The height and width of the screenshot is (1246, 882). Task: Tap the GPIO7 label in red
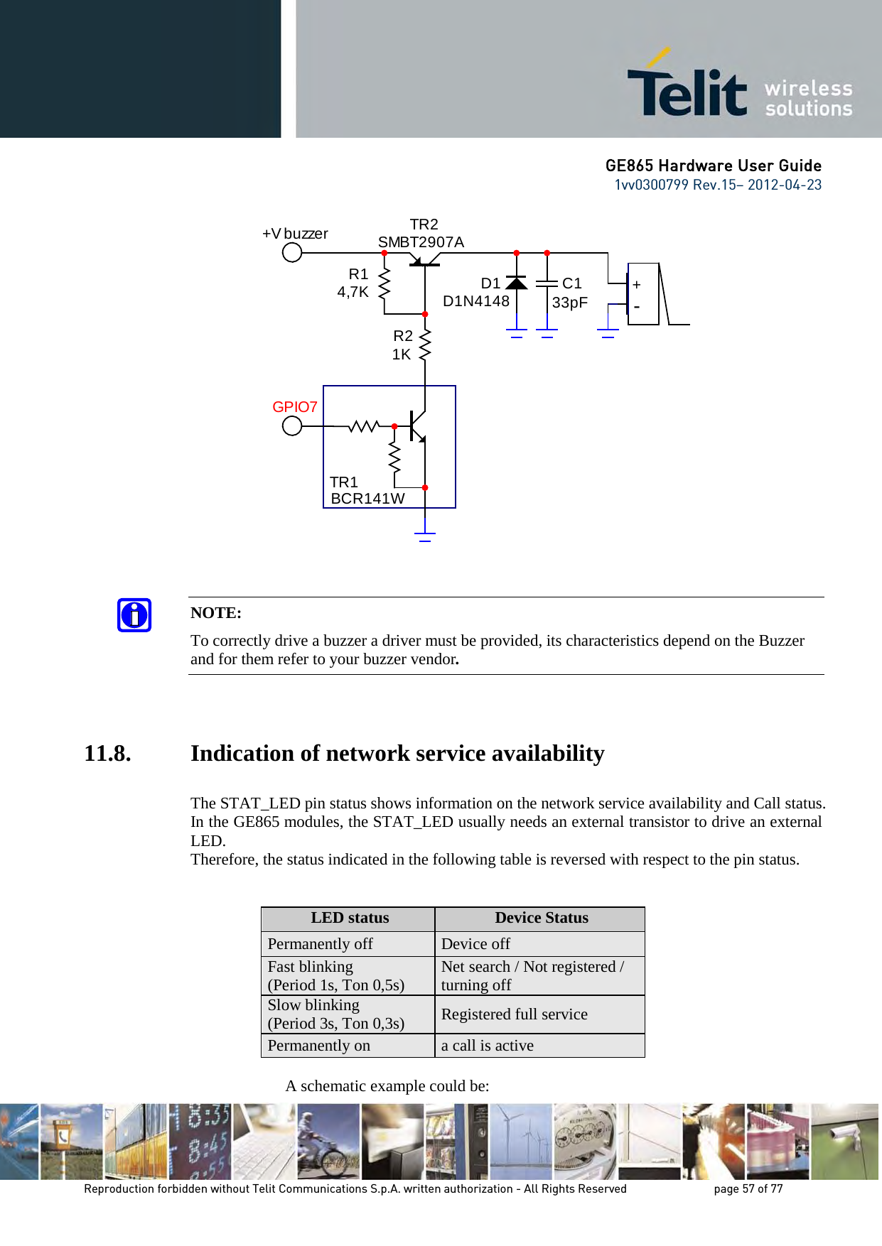point(295,407)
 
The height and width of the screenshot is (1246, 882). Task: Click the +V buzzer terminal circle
point(292,252)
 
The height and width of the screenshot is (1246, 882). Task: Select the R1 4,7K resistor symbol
point(384,283)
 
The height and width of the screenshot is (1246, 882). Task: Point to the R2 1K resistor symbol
point(425,345)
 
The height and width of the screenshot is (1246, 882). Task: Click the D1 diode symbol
point(516,283)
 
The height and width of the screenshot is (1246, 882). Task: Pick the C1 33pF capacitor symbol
point(547,283)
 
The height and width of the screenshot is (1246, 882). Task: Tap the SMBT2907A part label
point(421,242)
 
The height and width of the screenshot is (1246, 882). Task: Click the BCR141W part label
point(367,499)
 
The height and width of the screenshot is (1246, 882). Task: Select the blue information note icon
point(134,615)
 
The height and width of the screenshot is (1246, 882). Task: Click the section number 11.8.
point(107,753)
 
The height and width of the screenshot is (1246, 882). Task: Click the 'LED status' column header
point(350,918)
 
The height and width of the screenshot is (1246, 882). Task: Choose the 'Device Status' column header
point(542,918)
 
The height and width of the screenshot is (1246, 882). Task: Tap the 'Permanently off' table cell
point(320,944)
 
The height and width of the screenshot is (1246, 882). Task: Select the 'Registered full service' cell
point(515,1014)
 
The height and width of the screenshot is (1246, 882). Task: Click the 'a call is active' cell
point(488,1046)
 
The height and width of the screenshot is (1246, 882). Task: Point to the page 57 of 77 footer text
point(748,1188)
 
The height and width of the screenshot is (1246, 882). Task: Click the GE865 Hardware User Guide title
point(714,166)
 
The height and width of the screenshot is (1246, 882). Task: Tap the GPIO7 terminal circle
point(292,426)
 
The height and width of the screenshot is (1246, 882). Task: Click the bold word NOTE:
point(216,613)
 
